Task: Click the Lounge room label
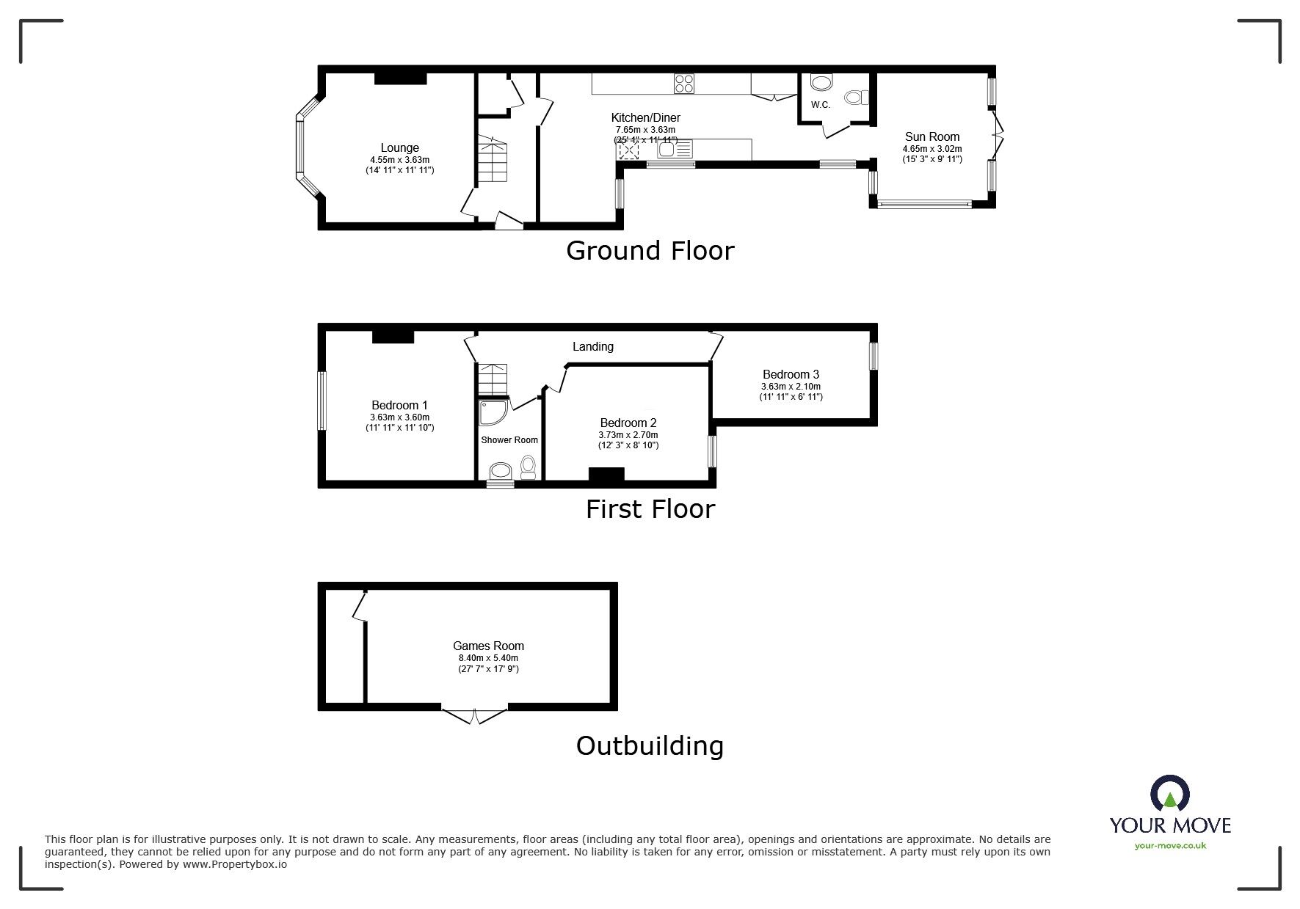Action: [x=399, y=147]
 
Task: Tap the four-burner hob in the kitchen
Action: [x=685, y=84]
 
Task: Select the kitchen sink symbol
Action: [x=675, y=150]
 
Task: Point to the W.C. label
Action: [x=821, y=105]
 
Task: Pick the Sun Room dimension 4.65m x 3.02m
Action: [x=932, y=149]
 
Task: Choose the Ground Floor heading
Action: [x=650, y=251]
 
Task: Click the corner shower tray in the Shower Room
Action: [x=492, y=413]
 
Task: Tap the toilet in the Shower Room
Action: [x=528, y=467]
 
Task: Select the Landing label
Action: [x=593, y=346]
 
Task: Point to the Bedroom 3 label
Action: [x=791, y=374]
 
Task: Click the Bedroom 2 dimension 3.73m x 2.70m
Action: [x=628, y=435]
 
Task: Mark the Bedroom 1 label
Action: [x=399, y=405]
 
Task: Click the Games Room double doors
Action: [x=474, y=715]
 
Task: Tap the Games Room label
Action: [x=488, y=646]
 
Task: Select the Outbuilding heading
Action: [x=650, y=746]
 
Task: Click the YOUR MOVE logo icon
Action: [x=1169, y=795]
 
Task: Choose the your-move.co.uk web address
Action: [x=1170, y=846]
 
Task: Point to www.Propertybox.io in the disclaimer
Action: [x=235, y=864]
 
